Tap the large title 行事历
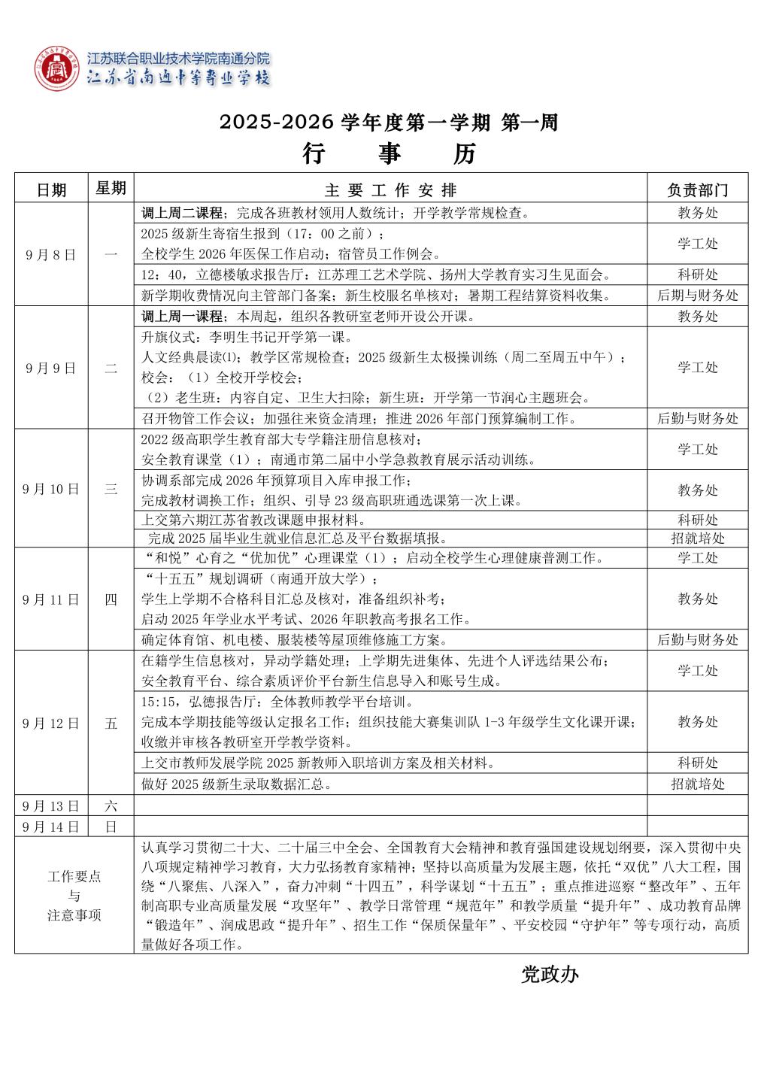389,153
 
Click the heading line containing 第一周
389,123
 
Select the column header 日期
51,190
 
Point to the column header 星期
111,188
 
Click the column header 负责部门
697,190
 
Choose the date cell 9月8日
51,254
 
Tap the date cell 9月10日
51,489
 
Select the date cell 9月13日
51,806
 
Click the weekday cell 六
111,806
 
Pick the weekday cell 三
111,489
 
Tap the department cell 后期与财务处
697,296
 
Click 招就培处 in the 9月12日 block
697,784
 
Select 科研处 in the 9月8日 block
697,275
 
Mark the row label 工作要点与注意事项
74,896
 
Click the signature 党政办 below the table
550,975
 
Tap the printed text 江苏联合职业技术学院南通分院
179,59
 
